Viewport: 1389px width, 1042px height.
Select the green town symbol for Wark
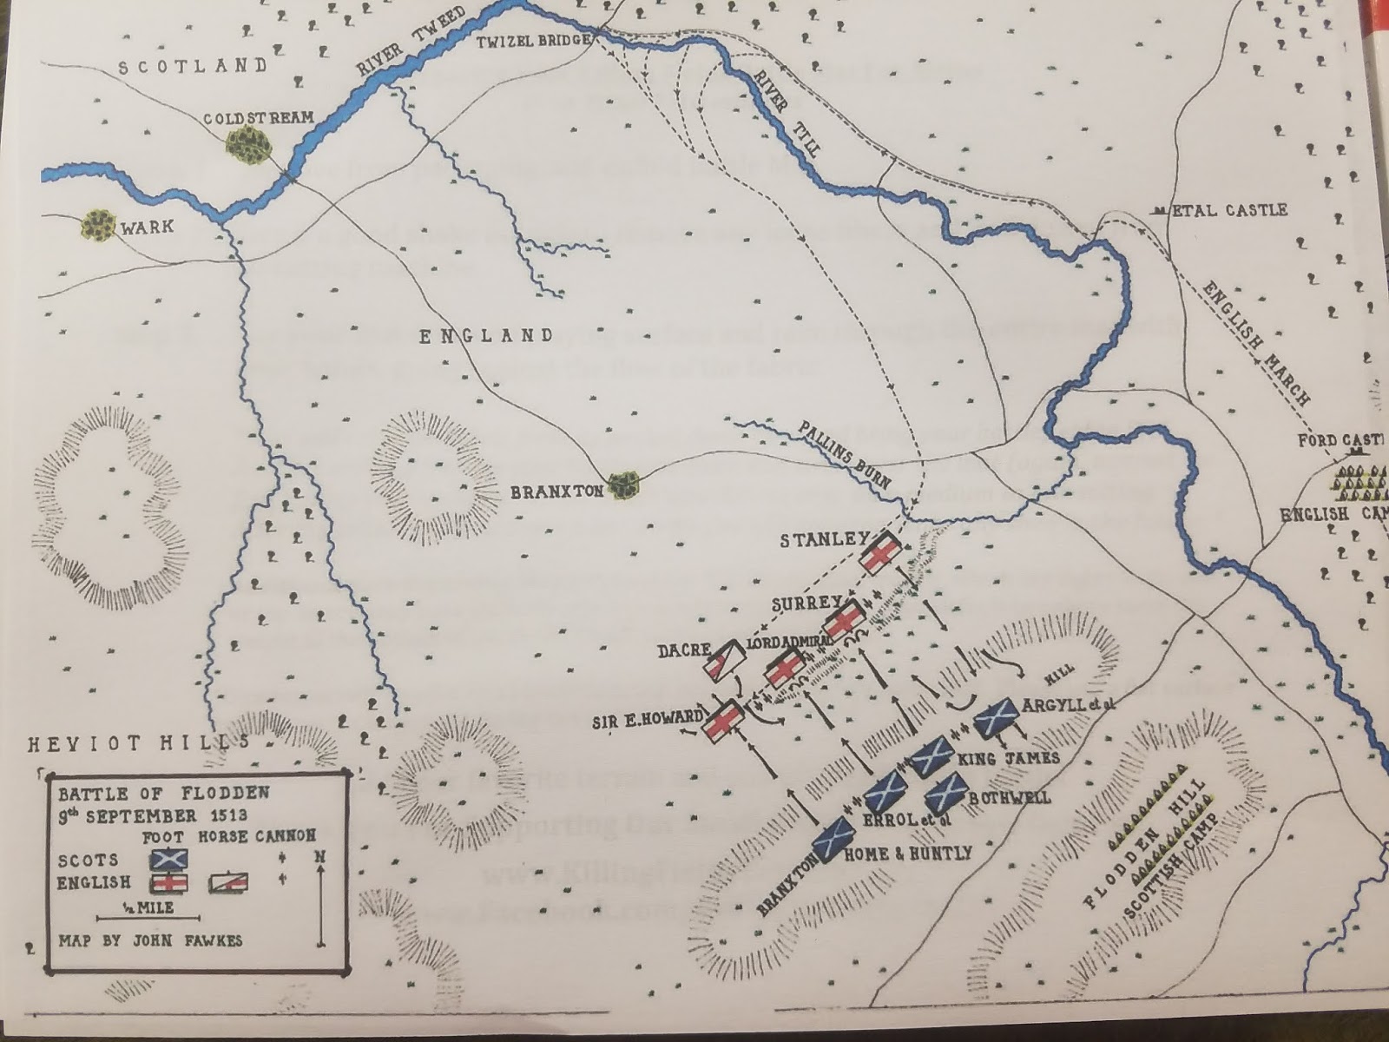pos(99,226)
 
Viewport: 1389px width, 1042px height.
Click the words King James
pos(1008,758)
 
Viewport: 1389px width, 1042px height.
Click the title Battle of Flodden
pos(163,793)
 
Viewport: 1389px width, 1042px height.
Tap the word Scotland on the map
pos(193,65)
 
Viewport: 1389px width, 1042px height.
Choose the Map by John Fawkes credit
pos(149,940)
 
